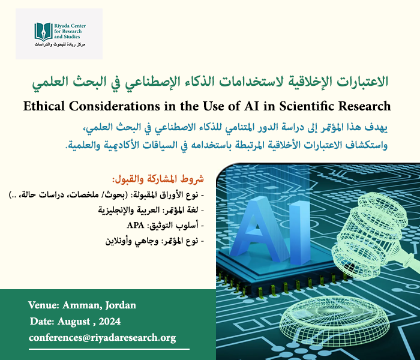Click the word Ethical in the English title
click(47, 107)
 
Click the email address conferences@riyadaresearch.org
click(102, 338)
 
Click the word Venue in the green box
click(43, 305)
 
